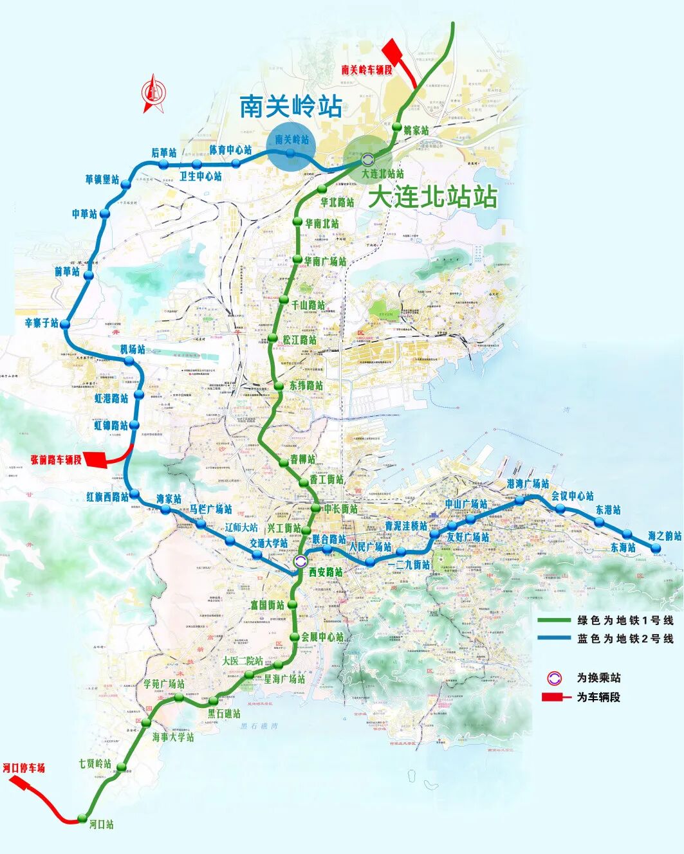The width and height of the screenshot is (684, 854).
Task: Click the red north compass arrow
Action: coord(154,94)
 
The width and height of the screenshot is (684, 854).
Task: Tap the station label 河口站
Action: coord(102,824)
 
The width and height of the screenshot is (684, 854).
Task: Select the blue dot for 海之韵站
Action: coord(656,548)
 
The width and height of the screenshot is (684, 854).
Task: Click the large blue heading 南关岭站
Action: coord(290,106)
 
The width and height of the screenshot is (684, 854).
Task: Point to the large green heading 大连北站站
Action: coord(432,197)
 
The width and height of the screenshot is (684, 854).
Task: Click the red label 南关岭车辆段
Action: coord(366,69)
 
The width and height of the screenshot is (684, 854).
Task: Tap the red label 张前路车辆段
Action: coord(56,460)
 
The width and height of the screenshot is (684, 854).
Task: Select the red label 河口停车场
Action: coord(24,768)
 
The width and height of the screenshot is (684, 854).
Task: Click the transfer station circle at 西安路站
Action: coord(300,561)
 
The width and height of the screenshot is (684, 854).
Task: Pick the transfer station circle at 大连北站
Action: coord(367,159)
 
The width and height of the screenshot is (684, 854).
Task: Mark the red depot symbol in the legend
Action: coord(555,697)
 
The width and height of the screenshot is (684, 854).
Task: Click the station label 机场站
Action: coord(133,349)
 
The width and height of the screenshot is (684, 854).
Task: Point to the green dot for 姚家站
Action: coord(397,127)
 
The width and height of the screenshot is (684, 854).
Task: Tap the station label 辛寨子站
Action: coord(41,322)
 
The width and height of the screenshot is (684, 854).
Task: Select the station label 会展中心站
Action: coord(322,637)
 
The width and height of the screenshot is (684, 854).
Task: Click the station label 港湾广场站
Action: coord(528,484)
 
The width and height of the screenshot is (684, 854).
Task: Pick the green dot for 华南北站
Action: coord(297,221)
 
